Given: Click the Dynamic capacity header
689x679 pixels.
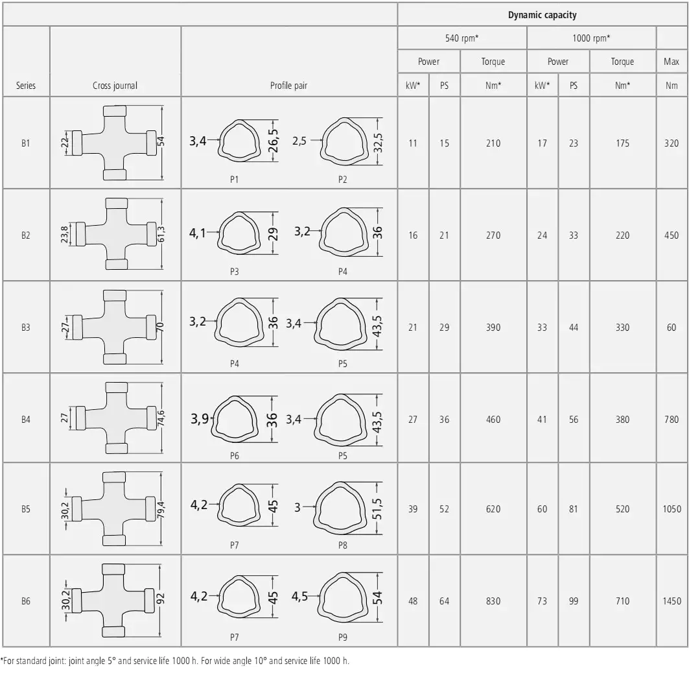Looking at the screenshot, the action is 543,15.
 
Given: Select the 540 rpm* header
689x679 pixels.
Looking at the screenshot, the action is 462,38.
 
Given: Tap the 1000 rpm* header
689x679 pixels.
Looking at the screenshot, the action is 591,38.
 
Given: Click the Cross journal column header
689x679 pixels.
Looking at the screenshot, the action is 115,86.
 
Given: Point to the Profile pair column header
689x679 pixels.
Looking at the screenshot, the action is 288,86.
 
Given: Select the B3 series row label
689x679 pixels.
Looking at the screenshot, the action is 26,328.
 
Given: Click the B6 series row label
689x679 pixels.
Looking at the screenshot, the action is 26,601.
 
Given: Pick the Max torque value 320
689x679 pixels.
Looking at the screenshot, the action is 671,143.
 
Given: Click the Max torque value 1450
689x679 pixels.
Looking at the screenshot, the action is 672,601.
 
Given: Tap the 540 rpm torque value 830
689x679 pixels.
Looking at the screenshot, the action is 493,601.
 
